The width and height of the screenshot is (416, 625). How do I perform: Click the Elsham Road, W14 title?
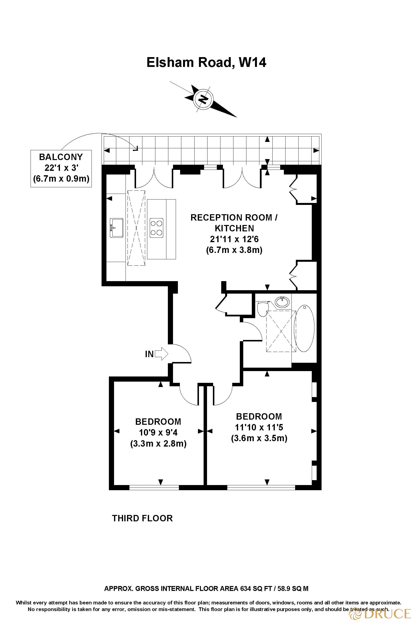click(206, 62)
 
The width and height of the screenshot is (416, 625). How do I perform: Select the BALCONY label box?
click(61, 168)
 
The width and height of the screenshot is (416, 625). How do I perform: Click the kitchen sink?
click(116, 228)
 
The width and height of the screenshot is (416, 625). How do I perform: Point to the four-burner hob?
click(157, 228)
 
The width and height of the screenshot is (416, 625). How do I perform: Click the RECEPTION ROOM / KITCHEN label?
click(234, 223)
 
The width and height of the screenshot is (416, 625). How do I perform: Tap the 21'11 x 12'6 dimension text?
click(234, 239)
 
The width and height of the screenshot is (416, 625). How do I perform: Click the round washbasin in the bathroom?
click(282, 302)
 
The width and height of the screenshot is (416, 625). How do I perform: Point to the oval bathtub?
click(305, 329)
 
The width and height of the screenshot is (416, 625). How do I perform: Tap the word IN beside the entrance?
click(149, 354)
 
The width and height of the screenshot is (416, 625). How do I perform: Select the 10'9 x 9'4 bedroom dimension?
click(158, 433)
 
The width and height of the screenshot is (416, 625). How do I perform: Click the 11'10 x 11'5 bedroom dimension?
click(259, 427)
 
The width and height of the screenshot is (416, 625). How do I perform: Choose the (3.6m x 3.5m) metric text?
click(259, 438)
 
